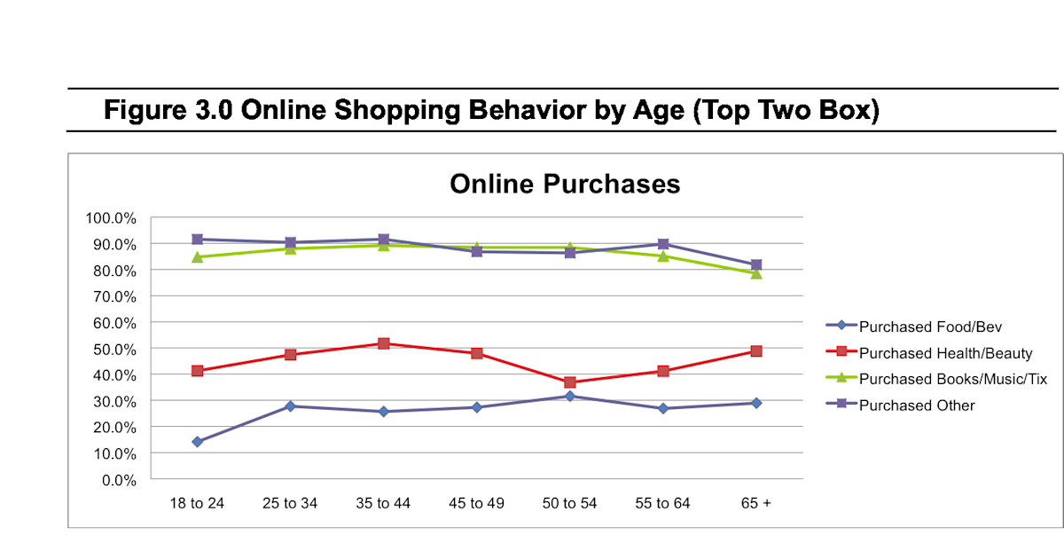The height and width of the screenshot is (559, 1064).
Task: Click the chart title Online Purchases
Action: click(565, 184)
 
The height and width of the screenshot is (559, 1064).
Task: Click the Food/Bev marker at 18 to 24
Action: click(197, 442)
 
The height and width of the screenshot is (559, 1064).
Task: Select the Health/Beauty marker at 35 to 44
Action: click(384, 343)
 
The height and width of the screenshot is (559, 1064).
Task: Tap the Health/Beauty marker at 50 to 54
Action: click(570, 382)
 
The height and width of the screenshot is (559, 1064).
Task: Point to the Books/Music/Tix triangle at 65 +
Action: click(756, 273)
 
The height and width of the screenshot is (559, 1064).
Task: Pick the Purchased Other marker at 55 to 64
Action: click(663, 244)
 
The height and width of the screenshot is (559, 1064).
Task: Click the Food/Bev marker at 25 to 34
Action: click(290, 406)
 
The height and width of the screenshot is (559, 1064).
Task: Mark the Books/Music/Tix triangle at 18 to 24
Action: click(197, 257)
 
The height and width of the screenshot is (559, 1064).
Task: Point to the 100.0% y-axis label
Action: click(111, 218)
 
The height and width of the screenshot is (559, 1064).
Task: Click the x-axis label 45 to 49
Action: click(477, 504)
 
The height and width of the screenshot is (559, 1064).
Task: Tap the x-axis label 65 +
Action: click(756, 504)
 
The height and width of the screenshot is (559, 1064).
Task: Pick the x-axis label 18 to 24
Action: click(197, 504)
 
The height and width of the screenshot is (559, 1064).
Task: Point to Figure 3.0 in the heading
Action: click(168, 112)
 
